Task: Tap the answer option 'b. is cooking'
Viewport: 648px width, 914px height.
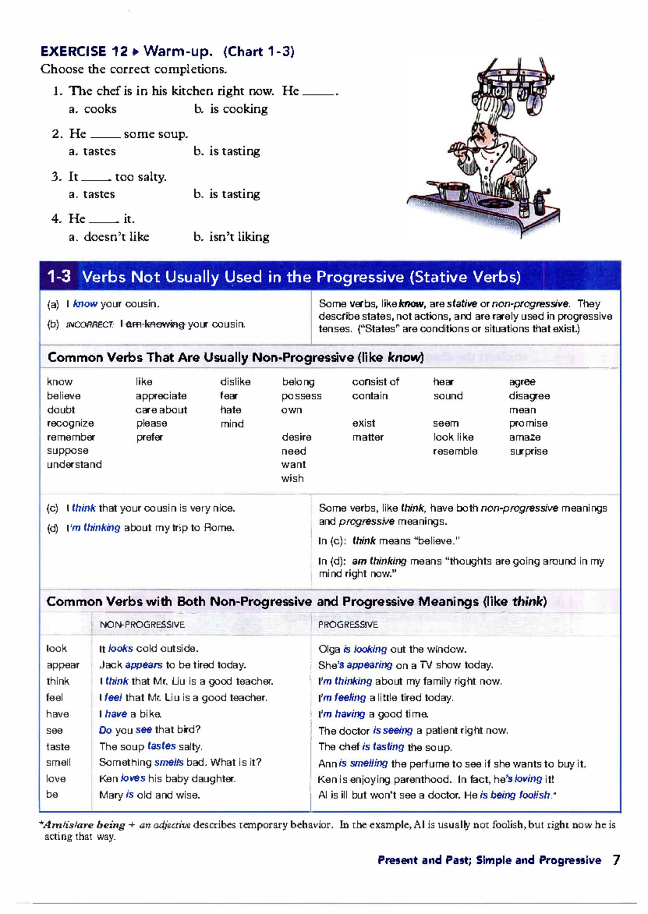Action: [231, 109]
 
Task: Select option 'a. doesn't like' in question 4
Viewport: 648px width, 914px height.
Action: [109, 237]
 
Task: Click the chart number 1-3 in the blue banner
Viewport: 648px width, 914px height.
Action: [58, 277]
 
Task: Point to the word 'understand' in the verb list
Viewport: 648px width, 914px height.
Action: [74, 465]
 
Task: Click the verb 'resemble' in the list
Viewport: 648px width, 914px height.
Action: [455, 451]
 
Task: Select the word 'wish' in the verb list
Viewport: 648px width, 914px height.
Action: [292, 479]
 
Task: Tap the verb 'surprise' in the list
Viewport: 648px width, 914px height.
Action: [528, 451]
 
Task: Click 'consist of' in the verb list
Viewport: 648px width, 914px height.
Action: [375, 382]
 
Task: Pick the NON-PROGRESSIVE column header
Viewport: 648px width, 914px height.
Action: [142, 624]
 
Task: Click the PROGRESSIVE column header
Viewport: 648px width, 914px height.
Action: [348, 624]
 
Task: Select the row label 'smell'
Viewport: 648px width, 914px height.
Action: [58, 763]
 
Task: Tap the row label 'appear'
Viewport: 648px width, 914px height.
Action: [63, 665]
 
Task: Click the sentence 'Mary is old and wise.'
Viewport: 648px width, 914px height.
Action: [150, 795]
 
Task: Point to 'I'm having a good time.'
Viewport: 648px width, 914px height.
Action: [374, 714]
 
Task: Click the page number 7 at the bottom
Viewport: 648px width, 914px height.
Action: [616, 860]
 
